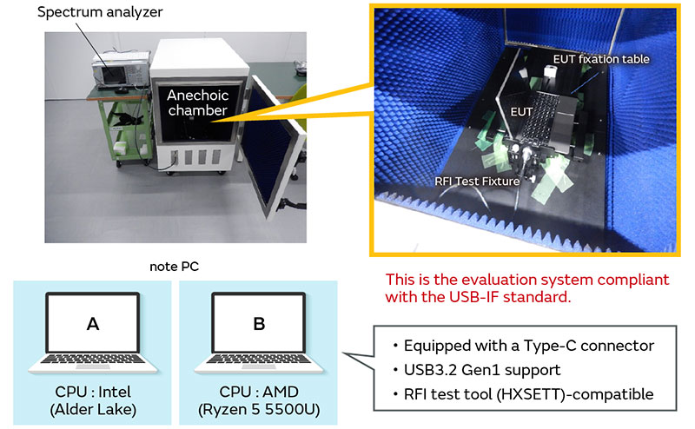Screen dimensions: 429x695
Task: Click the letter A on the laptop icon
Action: tap(93, 324)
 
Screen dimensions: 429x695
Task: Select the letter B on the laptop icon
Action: tap(260, 324)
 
